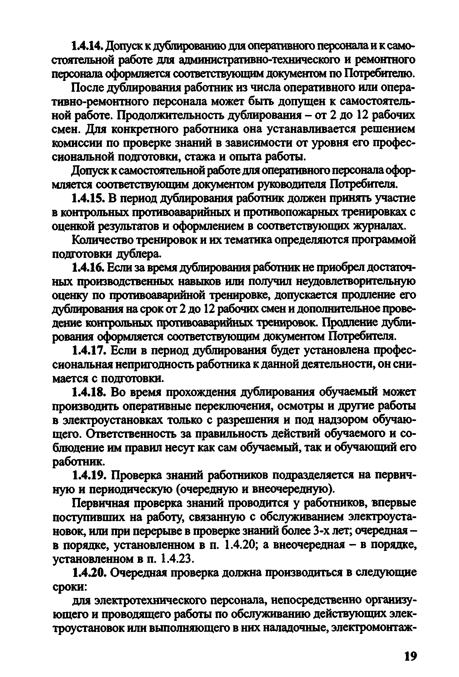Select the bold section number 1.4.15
pos(90,199)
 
